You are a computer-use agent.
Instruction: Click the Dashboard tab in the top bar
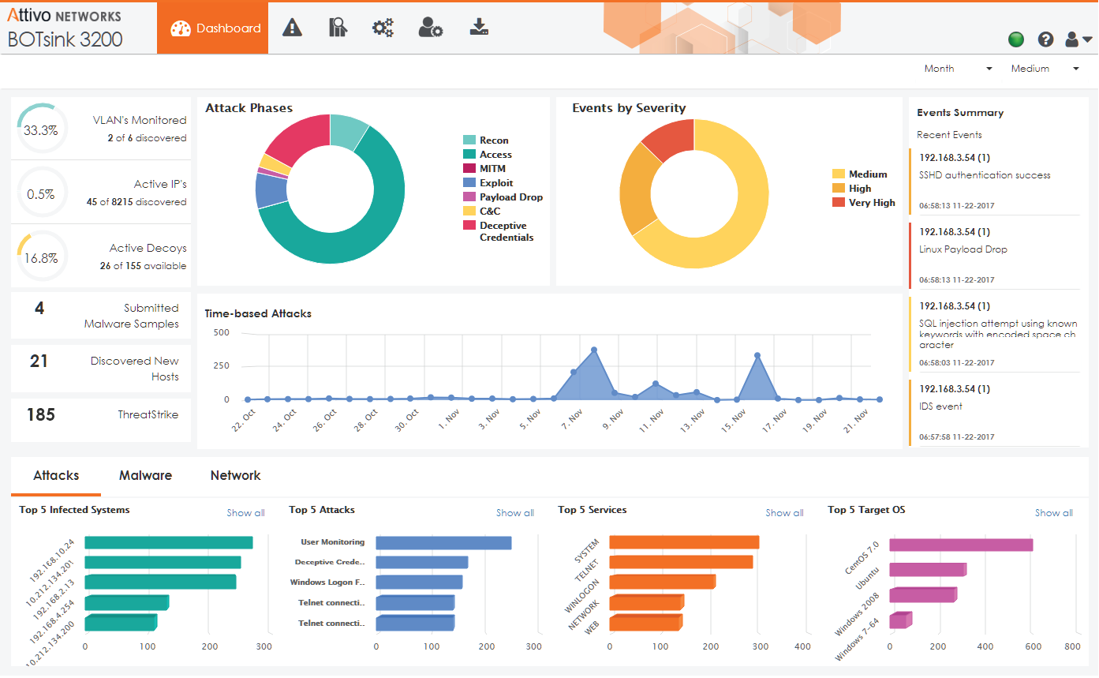pyautogui.click(x=213, y=28)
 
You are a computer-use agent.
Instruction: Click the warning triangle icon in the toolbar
pyautogui.click(x=293, y=28)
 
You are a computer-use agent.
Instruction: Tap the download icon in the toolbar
pyautogui.click(x=478, y=28)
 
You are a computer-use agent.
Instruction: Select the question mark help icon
pyautogui.click(x=1046, y=39)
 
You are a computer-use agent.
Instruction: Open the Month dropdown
pyautogui.click(x=958, y=69)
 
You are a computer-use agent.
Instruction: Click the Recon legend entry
pyautogui.click(x=493, y=140)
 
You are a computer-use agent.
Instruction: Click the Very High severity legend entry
pyautogui.click(x=871, y=203)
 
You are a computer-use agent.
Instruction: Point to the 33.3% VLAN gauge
pyautogui.click(x=40, y=130)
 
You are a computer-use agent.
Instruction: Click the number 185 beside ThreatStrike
pyautogui.click(x=40, y=415)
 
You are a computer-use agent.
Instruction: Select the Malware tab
pyautogui.click(x=145, y=476)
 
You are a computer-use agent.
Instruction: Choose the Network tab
pyautogui.click(x=235, y=476)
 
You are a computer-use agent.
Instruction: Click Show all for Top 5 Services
pyautogui.click(x=784, y=513)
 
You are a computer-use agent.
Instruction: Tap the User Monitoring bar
pyautogui.click(x=443, y=543)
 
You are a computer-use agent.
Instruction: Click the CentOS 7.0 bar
pyautogui.click(x=960, y=545)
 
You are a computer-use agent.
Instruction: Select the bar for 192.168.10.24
pyautogui.click(x=168, y=543)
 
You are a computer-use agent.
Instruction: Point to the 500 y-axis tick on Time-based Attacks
pyautogui.click(x=221, y=333)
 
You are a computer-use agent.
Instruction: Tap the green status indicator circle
pyautogui.click(x=1016, y=39)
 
